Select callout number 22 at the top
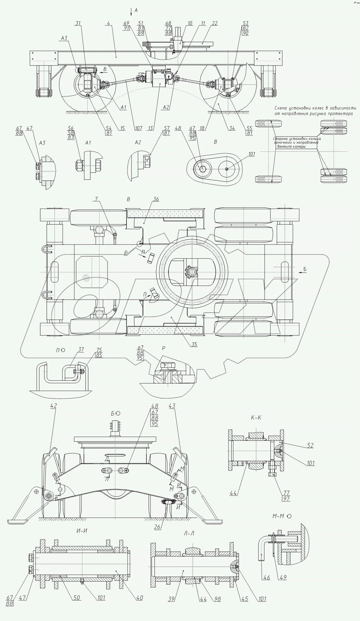pyautogui.click(x=215, y=23)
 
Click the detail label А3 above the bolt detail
pyautogui.click(x=42, y=143)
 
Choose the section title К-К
pyautogui.click(x=256, y=418)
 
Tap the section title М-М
pyautogui.click(x=278, y=516)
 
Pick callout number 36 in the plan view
pyautogui.click(x=155, y=199)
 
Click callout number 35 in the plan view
pyautogui.click(x=194, y=344)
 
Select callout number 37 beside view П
pyautogui.click(x=81, y=350)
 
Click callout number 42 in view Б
pyautogui.click(x=53, y=405)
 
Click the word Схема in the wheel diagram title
pyautogui.click(x=282, y=108)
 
